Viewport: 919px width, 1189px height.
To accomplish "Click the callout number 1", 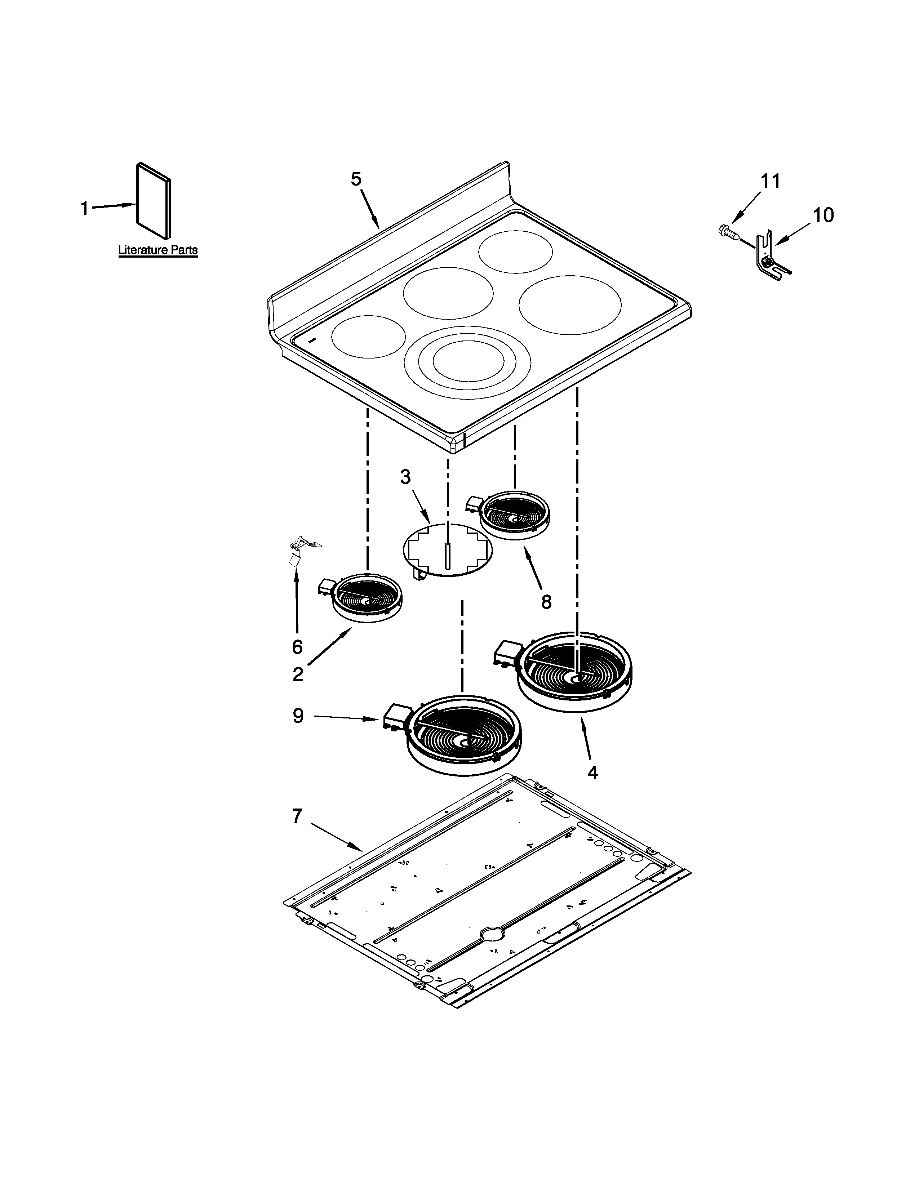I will [84, 208].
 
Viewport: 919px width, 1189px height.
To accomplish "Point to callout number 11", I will [770, 181].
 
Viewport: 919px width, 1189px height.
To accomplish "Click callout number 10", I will [823, 215].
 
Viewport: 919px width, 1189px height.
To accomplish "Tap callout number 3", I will [405, 477].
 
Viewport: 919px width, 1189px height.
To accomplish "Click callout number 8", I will [546, 602].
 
